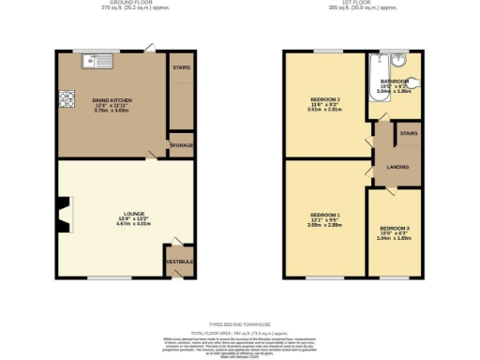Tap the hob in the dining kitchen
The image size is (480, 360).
[x=67, y=97]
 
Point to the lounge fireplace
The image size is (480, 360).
[x=62, y=215]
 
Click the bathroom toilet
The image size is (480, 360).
[x=413, y=82]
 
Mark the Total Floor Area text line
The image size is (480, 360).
[x=240, y=333]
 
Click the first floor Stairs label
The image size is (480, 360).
[x=409, y=133]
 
